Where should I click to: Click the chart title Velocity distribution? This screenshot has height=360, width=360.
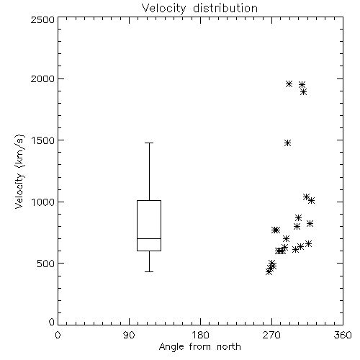[199, 9]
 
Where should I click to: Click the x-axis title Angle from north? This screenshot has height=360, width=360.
[199, 347]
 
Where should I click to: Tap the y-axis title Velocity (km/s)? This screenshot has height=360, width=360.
[19, 171]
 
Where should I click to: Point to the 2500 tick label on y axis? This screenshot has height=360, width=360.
[42, 19]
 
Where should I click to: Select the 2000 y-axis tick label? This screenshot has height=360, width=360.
[42, 78]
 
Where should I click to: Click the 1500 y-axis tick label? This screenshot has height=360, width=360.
[43, 140]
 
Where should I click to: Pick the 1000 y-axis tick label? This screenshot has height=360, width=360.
[43, 202]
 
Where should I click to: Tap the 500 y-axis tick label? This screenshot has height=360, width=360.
[46, 264]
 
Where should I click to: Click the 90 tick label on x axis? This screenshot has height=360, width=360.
[129, 335]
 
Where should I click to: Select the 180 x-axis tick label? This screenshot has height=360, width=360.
[200, 335]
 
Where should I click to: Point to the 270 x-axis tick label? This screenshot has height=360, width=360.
[271, 335]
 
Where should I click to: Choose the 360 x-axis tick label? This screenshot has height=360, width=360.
[343, 335]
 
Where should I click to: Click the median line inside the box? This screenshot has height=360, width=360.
[149, 238]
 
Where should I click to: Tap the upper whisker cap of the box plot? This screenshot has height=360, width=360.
[149, 143]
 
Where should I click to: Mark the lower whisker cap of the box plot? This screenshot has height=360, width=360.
[149, 271]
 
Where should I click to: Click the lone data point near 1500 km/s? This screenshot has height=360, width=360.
[287, 143]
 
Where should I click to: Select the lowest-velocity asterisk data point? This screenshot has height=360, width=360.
[269, 272]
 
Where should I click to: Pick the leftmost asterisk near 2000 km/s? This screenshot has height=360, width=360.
[289, 84]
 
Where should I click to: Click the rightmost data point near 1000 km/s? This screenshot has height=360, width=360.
[311, 201]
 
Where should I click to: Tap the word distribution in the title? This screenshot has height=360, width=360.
[225, 9]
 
